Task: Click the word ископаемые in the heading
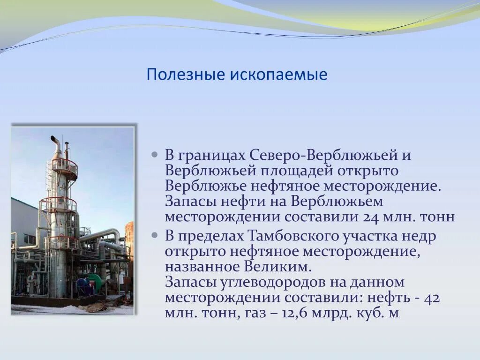point(278,75)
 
